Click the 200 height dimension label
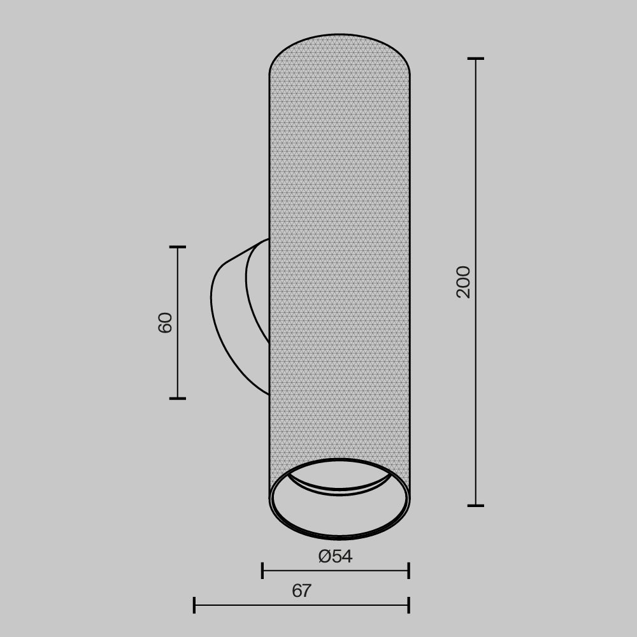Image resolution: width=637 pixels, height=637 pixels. [464, 282]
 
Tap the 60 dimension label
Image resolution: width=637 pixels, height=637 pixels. [165, 322]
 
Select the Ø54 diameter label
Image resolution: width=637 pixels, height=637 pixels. [336, 556]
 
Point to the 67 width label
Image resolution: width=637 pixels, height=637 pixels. [301, 591]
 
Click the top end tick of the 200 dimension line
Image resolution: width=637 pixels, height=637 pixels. [476, 59]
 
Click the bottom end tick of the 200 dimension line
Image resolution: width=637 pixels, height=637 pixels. [476, 506]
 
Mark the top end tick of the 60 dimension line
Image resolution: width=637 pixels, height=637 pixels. [178, 247]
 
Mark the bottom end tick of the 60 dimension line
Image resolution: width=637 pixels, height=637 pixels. [178, 399]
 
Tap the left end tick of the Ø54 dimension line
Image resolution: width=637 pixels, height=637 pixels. [262, 571]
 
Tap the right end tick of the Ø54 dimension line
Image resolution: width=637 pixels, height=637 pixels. [408, 571]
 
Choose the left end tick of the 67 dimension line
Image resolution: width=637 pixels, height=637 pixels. [194, 605]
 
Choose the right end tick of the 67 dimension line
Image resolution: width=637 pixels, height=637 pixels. [408, 605]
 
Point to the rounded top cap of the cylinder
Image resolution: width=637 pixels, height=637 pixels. [340, 54]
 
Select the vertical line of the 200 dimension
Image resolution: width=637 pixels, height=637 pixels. [476, 382]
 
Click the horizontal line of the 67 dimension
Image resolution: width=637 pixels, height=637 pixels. [255, 605]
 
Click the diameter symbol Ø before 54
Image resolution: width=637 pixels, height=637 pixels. [325, 556]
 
